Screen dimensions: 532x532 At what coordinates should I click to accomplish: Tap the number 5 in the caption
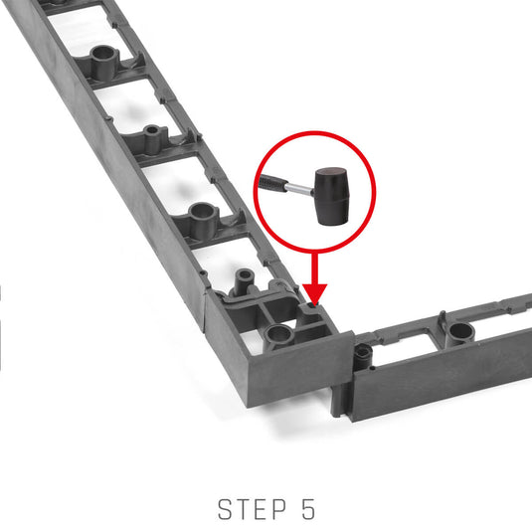point(308,509)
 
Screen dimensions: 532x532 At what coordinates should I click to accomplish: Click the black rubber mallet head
point(332,196)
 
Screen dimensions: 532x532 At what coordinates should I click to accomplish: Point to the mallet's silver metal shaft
point(298,189)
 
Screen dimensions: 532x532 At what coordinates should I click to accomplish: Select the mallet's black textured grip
point(272,183)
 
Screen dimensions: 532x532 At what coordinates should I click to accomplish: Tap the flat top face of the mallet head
point(331,172)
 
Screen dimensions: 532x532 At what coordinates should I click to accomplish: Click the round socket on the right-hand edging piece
point(460,332)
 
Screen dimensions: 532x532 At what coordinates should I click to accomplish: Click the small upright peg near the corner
point(245,280)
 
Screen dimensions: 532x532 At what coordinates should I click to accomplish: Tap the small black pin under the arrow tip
point(311,306)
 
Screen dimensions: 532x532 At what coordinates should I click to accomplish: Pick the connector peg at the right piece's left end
point(363,357)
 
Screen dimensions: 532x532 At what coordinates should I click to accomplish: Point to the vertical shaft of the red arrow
point(315,268)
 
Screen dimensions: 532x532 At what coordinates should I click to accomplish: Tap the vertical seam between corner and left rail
point(205,311)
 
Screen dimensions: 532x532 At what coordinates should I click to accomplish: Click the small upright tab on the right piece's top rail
point(443,319)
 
